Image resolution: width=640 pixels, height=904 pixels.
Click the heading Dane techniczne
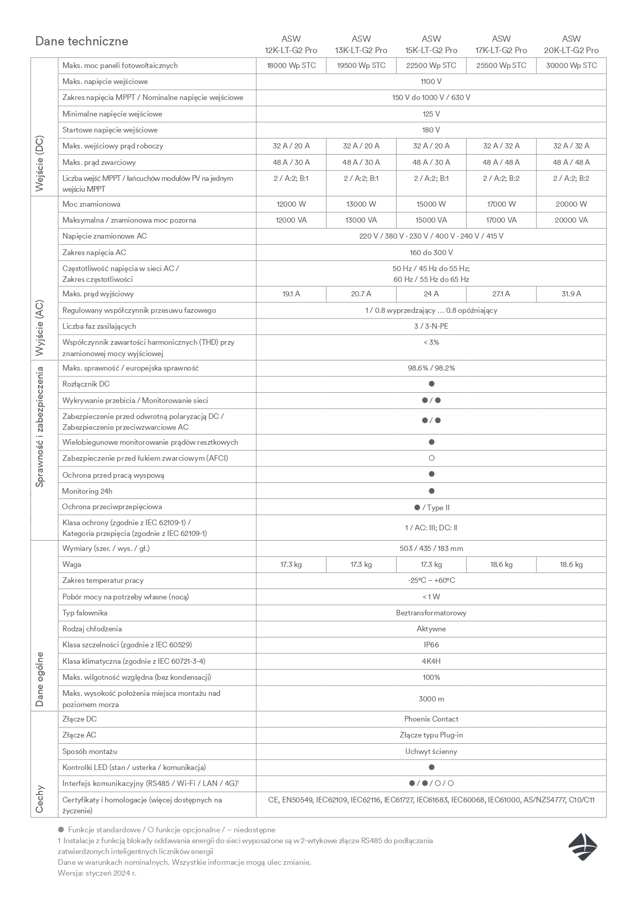tap(81, 41)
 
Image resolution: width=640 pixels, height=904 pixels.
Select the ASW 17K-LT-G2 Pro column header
tap(501, 44)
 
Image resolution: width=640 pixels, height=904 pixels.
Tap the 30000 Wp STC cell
tap(571, 65)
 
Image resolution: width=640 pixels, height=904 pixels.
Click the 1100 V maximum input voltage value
tap(431, 81)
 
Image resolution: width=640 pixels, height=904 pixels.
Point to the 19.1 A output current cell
tap(291, 294)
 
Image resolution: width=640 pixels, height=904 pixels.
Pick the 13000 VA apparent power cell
tap(361, 220)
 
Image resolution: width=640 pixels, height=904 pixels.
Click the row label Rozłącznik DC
tap(86, 384)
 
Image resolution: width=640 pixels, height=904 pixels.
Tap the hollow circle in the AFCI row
tap(432, 458)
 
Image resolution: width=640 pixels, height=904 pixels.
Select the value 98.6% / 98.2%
tap(431, 368)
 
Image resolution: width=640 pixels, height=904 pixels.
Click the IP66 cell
tap(431, 645)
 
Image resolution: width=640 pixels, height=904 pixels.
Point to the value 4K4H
tap(431, 661)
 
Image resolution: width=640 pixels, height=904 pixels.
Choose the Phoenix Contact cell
tap(431, 719)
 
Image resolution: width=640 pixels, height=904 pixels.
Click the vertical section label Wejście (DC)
tap(40, 164)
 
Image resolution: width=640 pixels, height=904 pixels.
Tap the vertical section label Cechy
tap(40, 799)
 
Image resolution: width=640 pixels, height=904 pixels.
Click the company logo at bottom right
tap(583, 847)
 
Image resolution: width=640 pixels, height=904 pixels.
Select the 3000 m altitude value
tap(431, 699)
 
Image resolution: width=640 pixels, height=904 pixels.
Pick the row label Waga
tap(72, 564)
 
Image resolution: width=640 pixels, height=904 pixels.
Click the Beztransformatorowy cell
tap(431, 613)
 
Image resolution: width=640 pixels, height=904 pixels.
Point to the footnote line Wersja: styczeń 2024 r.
tap(97, 873)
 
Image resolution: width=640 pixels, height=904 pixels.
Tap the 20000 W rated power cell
tap(571, 204)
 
